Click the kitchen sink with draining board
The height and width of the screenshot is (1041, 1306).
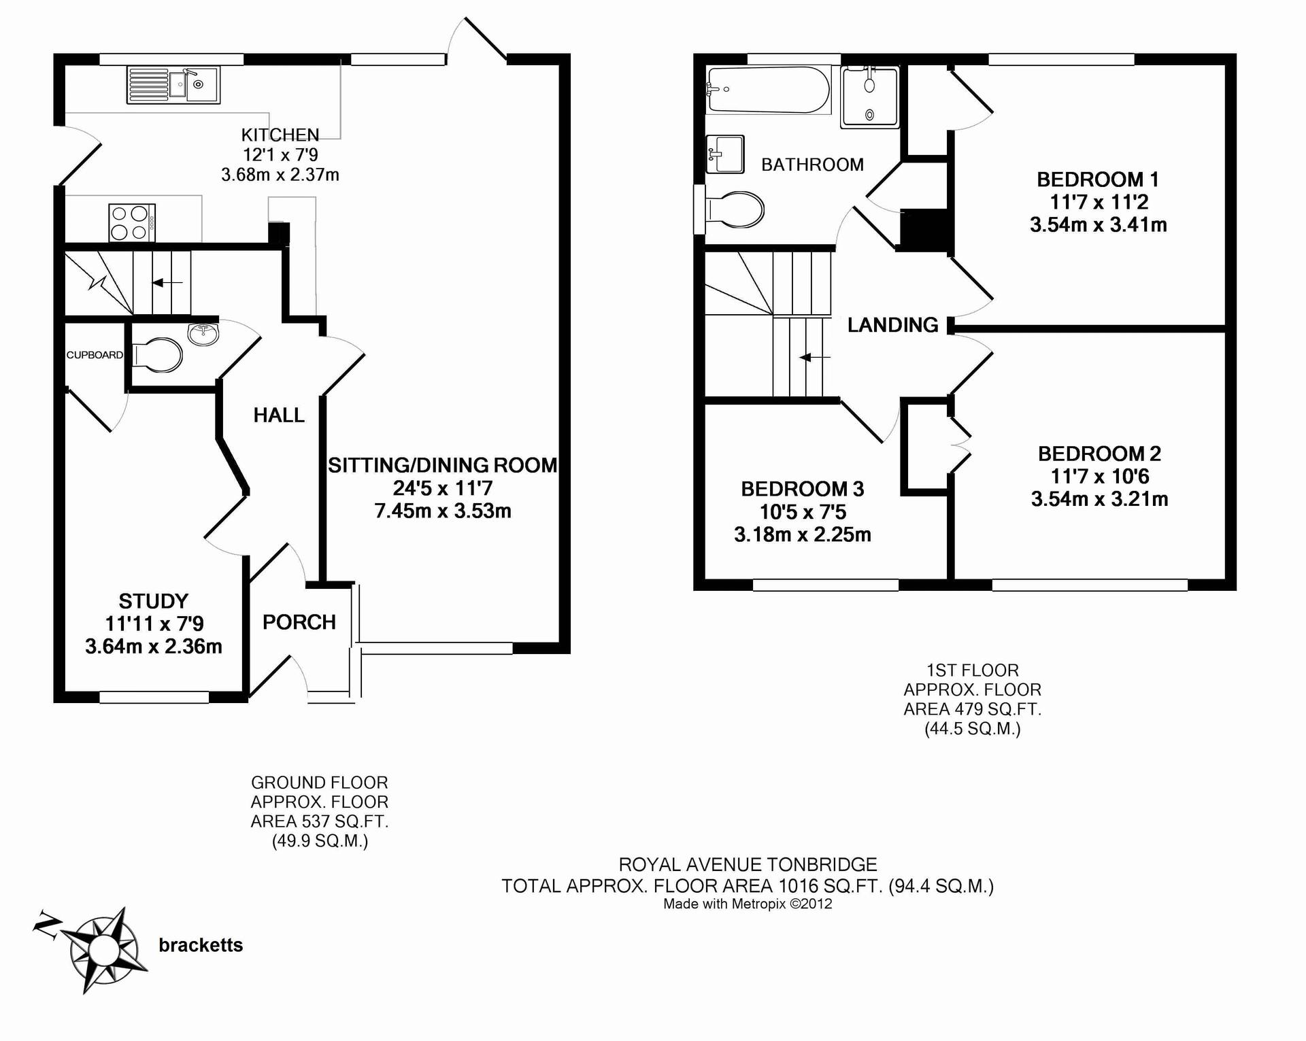click(173, 84)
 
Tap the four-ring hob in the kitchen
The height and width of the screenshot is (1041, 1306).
click(132, 222)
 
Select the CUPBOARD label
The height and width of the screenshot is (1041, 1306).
click(95, 355)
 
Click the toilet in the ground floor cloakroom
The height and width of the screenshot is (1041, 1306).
click(157, 356)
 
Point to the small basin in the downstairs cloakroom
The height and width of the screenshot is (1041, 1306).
click(203, 334)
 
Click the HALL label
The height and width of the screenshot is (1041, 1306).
click(279, 415)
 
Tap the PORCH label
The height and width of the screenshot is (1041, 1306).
click(299, 622)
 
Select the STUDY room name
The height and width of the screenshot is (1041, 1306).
click(154, 601)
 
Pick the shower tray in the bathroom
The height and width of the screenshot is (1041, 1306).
click(870, 97)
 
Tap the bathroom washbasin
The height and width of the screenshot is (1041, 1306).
click(725, 154)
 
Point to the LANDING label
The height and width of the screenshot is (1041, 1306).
click(893, 325)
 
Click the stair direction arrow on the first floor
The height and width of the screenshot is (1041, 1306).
click(814, 357)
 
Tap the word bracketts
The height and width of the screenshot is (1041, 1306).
click(201, 945)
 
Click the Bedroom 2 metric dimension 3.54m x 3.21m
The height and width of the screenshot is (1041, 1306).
click(1100, 499)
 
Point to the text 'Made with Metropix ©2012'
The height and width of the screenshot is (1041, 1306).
click(748, 904)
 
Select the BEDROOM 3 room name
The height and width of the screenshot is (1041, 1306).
click(803, 489)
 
